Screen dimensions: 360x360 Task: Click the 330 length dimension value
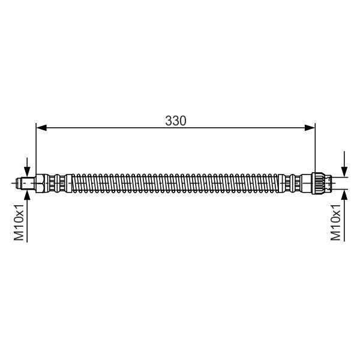point(176,121)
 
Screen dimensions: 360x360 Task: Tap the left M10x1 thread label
point(19,222)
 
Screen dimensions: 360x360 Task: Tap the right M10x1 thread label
point(335,222)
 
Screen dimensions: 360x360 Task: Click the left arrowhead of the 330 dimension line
point(41,128)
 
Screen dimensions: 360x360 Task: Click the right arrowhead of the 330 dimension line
point(310,128)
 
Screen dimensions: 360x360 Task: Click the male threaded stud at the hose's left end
point(26,183)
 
